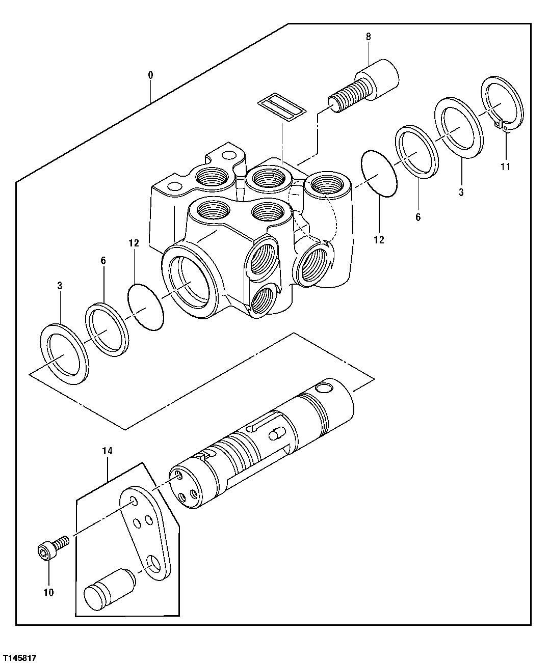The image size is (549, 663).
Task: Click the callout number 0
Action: pyautogui.click(x=150, y=75)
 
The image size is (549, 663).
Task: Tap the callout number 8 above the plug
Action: pyautogui.click(x=369, y=37)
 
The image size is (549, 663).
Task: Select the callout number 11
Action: pyautogui.click(x=505, y=166)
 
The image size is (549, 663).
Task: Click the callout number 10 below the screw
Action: pyautogui.click(x=49, y=592)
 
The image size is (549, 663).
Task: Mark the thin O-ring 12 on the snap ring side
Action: pyautogui.click(x=378, y=174)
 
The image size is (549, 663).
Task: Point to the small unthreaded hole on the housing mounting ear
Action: pyautogui.click(x=174, y=186)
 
